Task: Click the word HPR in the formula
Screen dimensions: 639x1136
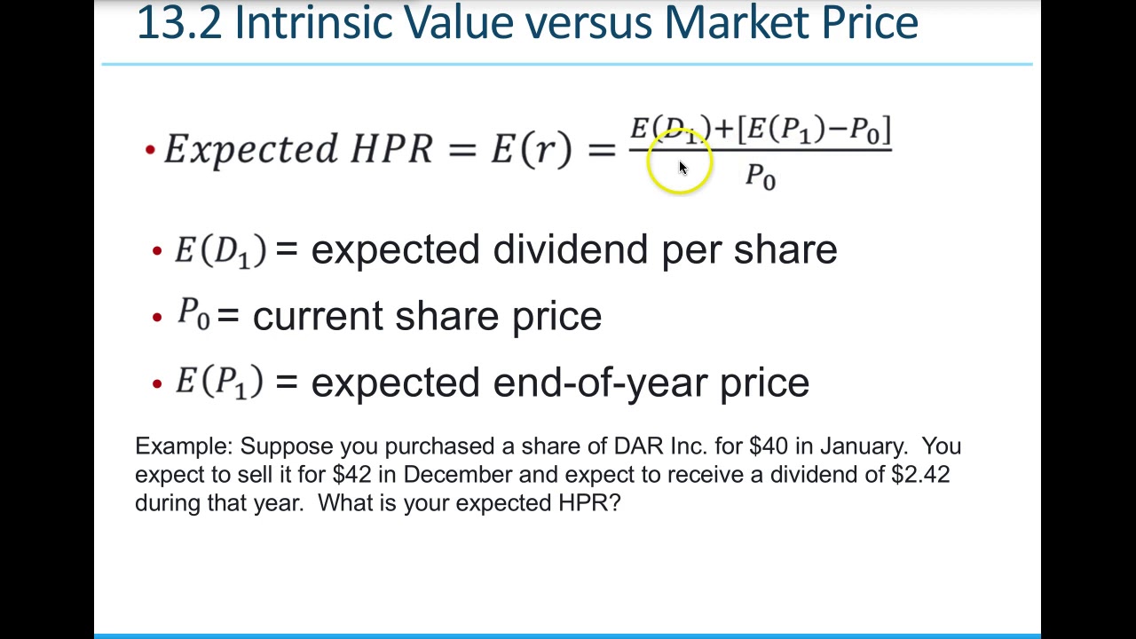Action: (391, 149)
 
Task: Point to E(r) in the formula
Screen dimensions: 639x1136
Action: (531, 149)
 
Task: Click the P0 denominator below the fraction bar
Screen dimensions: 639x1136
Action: (760, 176)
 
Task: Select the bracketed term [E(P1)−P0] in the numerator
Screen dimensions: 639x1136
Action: (815, 130)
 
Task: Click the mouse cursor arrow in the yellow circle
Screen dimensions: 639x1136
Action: (682, 167)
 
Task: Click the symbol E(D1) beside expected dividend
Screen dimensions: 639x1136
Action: (219, 250)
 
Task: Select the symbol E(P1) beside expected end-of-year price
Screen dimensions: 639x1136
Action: (218, 383)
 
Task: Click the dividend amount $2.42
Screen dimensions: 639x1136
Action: (920, 474)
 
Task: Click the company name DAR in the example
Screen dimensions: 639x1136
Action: (633, 446)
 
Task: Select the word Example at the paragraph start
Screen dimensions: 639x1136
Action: (183, 446)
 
